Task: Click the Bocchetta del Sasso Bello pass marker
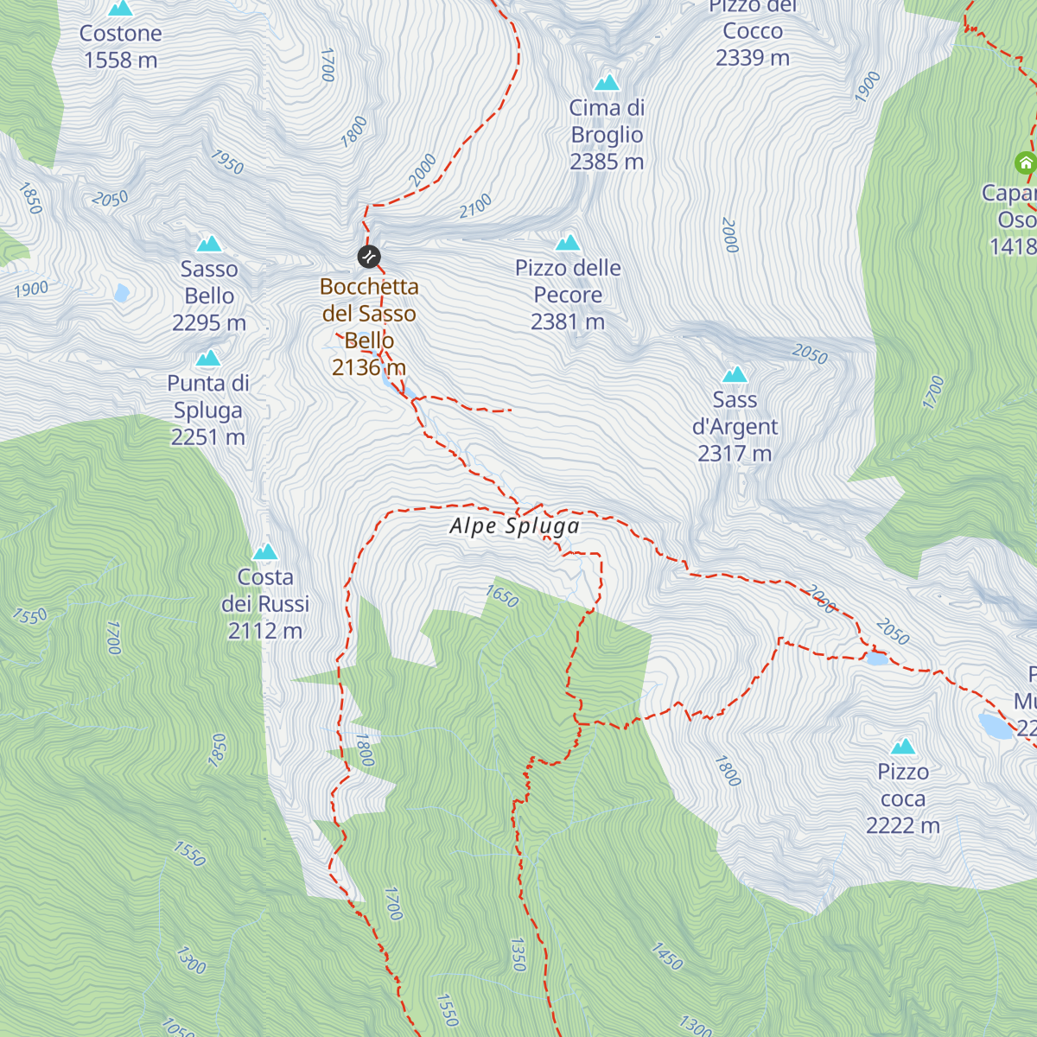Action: pos(369,257)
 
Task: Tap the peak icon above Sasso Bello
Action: pos(209,244)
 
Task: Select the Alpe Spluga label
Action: pos(514,526)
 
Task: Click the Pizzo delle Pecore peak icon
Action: pos(568,243)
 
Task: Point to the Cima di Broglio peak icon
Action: pos(608,83)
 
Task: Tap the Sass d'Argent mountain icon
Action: pos(735,374)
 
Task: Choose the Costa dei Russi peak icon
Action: pos(265,552)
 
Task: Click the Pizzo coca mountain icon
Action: pos(903,747)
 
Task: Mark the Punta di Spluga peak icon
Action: pos(207,359)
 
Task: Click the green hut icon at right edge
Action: pos(1025,162)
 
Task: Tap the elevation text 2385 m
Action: pos(607,162)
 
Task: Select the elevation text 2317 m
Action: pos(735,454)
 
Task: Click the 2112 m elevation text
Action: pos(265,632)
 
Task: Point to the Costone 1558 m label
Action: pos(121,47)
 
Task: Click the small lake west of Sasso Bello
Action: pos(122,293)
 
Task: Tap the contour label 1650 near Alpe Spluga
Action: pos(502,596)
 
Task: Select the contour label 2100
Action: pos(475,206)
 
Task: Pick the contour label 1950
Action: pos(227,162)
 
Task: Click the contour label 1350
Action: pos(518,954)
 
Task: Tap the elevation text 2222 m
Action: pos(903,826)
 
